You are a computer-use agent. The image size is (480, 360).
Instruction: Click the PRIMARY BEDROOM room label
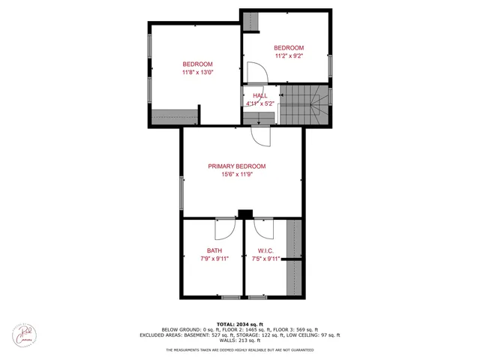coord(237,166)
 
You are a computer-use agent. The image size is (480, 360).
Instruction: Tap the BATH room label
coord(214,250)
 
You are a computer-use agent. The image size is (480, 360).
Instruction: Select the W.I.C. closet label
coord(265,250)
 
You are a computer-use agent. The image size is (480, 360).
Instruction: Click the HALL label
coord(259,95)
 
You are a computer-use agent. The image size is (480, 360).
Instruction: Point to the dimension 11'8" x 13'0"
coord(198,73)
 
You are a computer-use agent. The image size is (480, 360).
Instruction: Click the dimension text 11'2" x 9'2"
coord(289,55)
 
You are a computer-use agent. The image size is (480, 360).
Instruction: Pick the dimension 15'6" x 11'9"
coord(237,175)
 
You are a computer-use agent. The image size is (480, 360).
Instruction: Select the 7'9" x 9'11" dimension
coord(214,259)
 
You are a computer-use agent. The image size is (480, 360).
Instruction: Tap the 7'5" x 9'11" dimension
coord(265,259)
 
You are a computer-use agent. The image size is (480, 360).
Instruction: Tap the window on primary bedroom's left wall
coord(181,194)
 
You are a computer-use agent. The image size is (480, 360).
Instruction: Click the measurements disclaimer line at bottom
coord(240,349)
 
